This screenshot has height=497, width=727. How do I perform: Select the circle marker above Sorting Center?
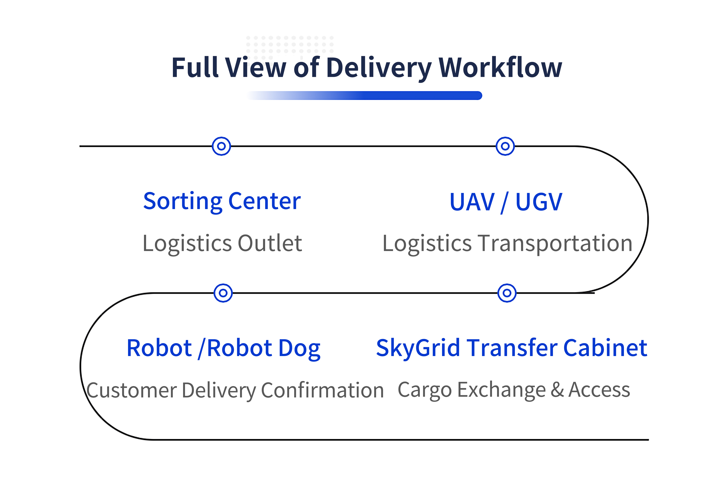[x=221, y=146]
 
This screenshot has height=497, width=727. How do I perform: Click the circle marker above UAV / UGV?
[x=505, y=146]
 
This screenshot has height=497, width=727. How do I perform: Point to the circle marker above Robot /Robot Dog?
[x=223, y=293]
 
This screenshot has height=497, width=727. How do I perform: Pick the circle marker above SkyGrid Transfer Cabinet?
[x=507, y=293]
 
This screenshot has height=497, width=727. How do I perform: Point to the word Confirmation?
[x=322, y=390]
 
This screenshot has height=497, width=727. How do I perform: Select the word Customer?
[x=131, y=390]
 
